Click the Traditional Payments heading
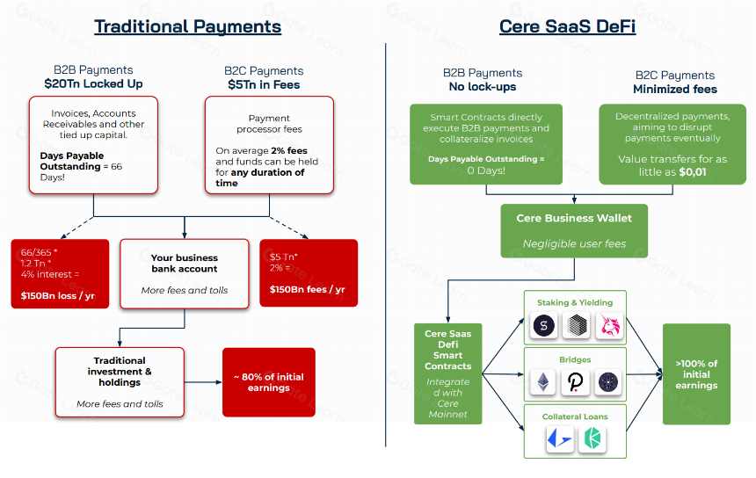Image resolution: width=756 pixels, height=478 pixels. pyautogui.click(x=187, y=26)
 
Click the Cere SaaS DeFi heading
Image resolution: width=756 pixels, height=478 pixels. pyautogui.click(x=567, y=26)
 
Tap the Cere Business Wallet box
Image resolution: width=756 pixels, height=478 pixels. pyautogui.click(x=574, y=231)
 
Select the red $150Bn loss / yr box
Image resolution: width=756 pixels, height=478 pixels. pyautogui.click(x=60, y=273)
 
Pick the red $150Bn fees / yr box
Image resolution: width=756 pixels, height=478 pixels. pyautogui.click(x=309, y=273)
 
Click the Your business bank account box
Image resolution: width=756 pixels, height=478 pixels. pyautogui.click(x=185, y=273)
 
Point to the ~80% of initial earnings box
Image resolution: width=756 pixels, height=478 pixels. pyautogui.click(x=268, y=382)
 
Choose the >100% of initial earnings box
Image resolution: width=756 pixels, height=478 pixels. pyautogui.click(x=696, y=374)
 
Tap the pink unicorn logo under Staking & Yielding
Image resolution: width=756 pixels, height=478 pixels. pyautogui.click(x=610, y=325)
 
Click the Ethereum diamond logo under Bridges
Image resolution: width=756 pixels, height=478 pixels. pyautogui.click(x=543, y=382)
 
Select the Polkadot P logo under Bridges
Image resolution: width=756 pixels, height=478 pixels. pyautogui.click(x=575, y=382)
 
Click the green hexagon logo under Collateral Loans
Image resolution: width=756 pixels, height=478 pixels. pyautogui.click(x=592, y=439)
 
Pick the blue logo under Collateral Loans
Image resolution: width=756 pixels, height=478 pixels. pyautogui.click(x=560, y=439)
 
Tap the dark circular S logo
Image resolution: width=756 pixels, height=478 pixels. pyautogui.click(x=544, y=325)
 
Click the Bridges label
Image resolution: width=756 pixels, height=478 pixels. pyautogui.click(x=575, y=359)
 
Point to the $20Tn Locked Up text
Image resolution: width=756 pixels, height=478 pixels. pyautogui.click(x=93, y=83)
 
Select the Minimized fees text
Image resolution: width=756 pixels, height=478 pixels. pyautogui.click(x=675, y=89)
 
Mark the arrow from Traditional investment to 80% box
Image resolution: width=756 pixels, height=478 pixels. pyautogui.click(x=203, y=382)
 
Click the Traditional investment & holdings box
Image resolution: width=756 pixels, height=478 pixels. pyautogui.click(x=120, y=382)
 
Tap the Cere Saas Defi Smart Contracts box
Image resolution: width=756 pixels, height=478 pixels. pyautogui.click(x=448, y=374)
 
